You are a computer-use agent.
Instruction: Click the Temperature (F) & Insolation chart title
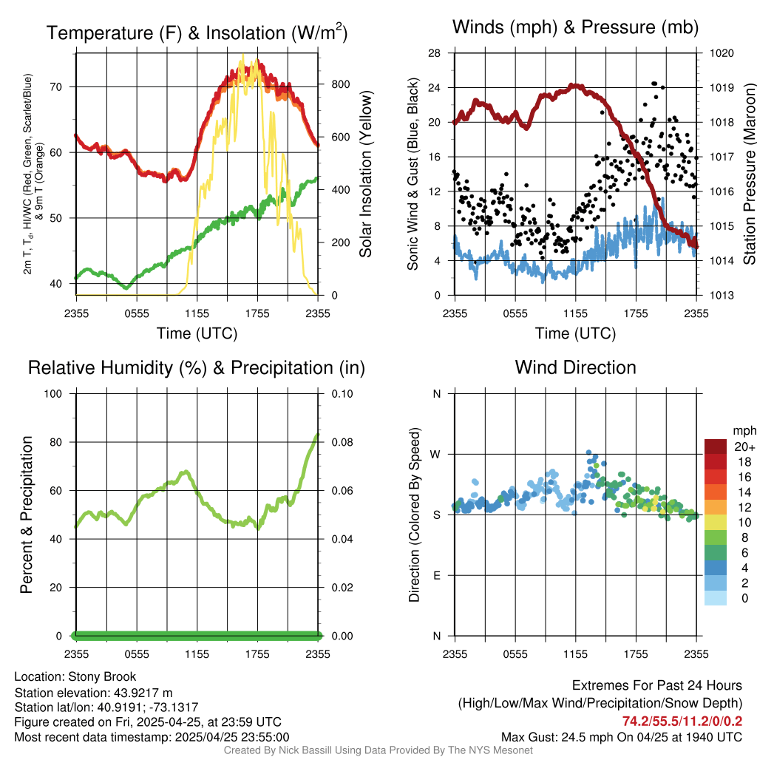coord(197,33)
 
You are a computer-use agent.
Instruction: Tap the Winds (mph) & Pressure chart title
coord(575,27)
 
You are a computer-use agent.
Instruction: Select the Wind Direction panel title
coord(575,367)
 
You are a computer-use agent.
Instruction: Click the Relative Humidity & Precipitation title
coord(197,367)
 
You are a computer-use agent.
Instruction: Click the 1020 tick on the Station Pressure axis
coord(721,53)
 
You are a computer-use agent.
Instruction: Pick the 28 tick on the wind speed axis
coord(435,53)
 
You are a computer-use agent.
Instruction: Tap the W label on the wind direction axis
coord(436,454)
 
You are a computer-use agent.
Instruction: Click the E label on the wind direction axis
coord(436,575)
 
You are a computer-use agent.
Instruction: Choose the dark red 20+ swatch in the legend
coord(716,447)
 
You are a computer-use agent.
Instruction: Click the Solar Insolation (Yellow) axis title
coord(366,174)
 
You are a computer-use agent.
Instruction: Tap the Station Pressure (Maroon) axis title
coord(749,174)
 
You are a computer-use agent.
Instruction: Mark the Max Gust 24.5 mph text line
coord(622,737)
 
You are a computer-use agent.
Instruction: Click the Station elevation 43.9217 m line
coord(93,693)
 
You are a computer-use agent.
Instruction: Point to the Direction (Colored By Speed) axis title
coord(414,515)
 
